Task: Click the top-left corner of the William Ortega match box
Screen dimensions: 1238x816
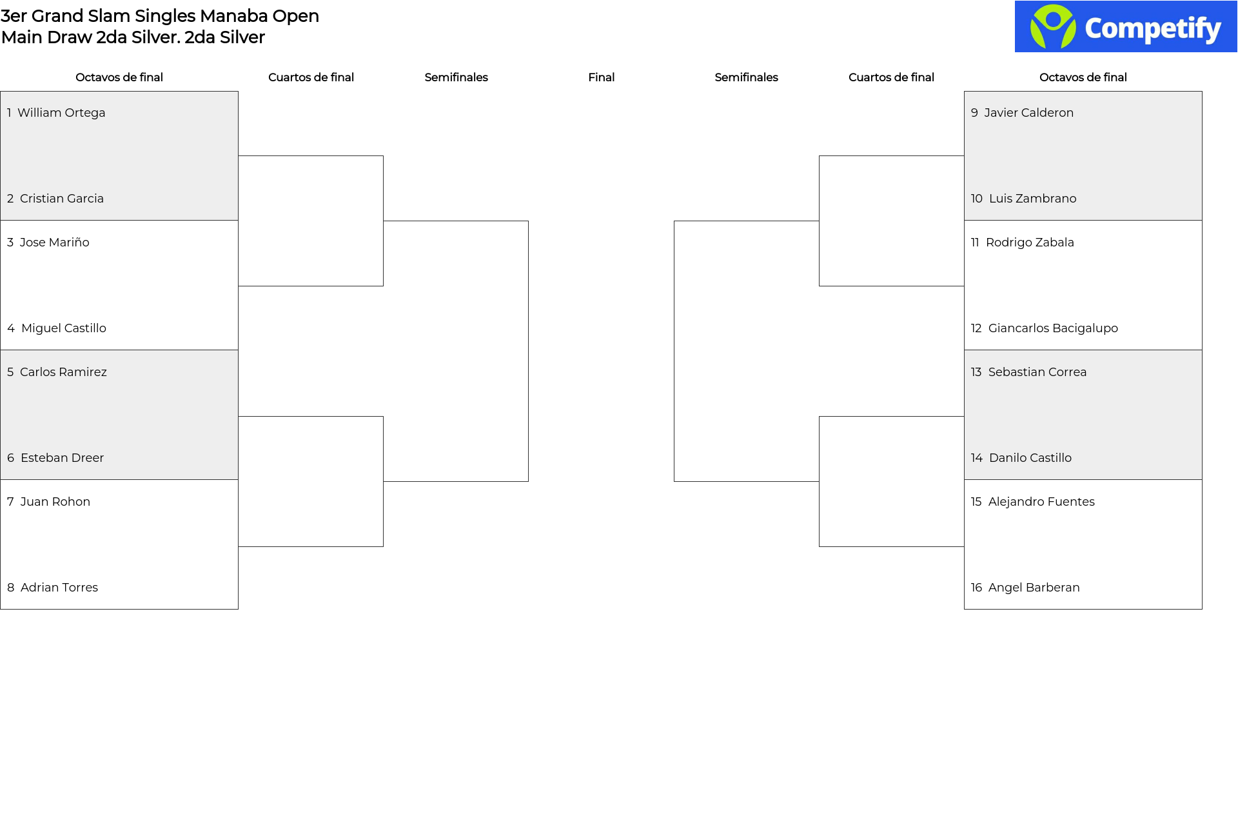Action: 1,92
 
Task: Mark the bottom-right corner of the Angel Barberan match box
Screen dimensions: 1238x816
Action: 1202,609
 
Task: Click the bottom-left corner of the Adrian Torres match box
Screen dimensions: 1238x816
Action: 1,609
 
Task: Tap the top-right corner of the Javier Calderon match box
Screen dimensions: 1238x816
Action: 1202,92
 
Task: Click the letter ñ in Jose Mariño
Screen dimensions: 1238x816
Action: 76,243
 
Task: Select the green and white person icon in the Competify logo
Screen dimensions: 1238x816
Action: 1053,26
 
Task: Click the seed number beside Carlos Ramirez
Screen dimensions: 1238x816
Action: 10,372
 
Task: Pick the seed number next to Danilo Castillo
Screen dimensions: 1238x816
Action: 976,458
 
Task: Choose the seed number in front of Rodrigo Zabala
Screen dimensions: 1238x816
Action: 975,243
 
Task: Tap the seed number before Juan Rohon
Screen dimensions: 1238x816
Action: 10,502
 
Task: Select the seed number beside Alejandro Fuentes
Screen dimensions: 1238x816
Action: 976,502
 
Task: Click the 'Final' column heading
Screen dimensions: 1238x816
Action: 601,77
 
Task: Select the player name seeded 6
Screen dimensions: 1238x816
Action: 62,458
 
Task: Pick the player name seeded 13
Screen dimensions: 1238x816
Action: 1037,372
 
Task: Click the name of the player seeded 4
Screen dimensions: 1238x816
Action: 64,328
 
